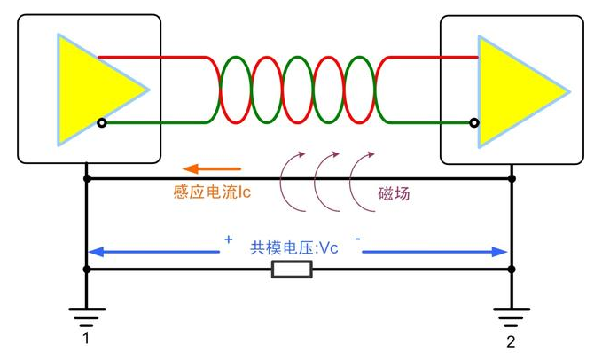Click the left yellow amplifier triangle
[x=93, y=89]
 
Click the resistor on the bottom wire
[x=292, y=270]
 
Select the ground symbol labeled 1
[x=87, y=313]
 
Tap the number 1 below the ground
[x=86, y=339]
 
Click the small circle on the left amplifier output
[x=102, y=122]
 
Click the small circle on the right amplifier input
[x=475, y=122]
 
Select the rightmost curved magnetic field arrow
[x=360, y=177]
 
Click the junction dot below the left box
[x=87, y=179]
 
